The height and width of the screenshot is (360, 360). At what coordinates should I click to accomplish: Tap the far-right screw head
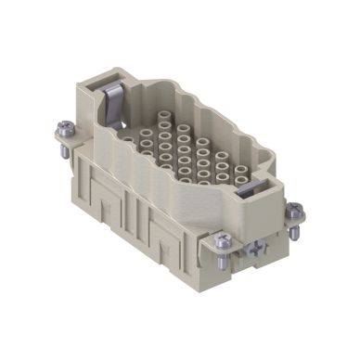coord(294,208)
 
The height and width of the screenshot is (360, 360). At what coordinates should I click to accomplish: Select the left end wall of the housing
coord(93,130)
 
